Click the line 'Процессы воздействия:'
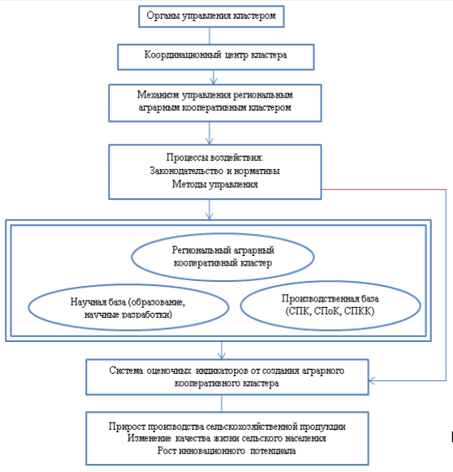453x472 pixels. click(215, 158)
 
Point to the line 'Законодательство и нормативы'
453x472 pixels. click(215, 171)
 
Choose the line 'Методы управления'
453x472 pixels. click(215, 184)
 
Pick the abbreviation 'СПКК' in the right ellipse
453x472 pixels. click(359, 311)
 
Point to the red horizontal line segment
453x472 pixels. click(384, 189)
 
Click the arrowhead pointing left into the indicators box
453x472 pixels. click(372, 381)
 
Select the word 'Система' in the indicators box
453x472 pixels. click(126, 370)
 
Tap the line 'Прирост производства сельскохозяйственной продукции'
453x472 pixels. click(227, 427)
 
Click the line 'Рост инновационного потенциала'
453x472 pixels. click(226, 451)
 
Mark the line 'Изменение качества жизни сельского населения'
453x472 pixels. click(226, 438)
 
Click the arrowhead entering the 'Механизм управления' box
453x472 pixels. click(214, 81)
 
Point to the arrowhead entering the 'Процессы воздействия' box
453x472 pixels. click(209, 141)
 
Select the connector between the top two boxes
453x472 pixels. click(209, 36)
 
